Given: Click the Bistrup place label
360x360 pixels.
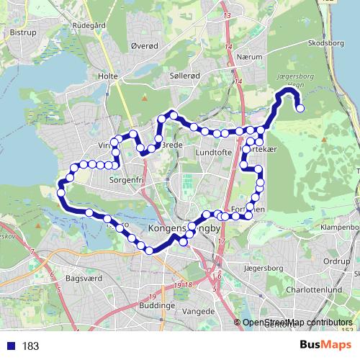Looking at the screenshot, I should click(23, 32).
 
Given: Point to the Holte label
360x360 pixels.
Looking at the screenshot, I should click(107, 75).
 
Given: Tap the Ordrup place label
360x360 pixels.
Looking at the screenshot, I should click(336, 261).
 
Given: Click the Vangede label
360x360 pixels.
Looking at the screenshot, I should click(200, 311).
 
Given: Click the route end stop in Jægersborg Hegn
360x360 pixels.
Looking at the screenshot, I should click(300, 109).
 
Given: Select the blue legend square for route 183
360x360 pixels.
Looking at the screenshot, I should click(12, 346).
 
